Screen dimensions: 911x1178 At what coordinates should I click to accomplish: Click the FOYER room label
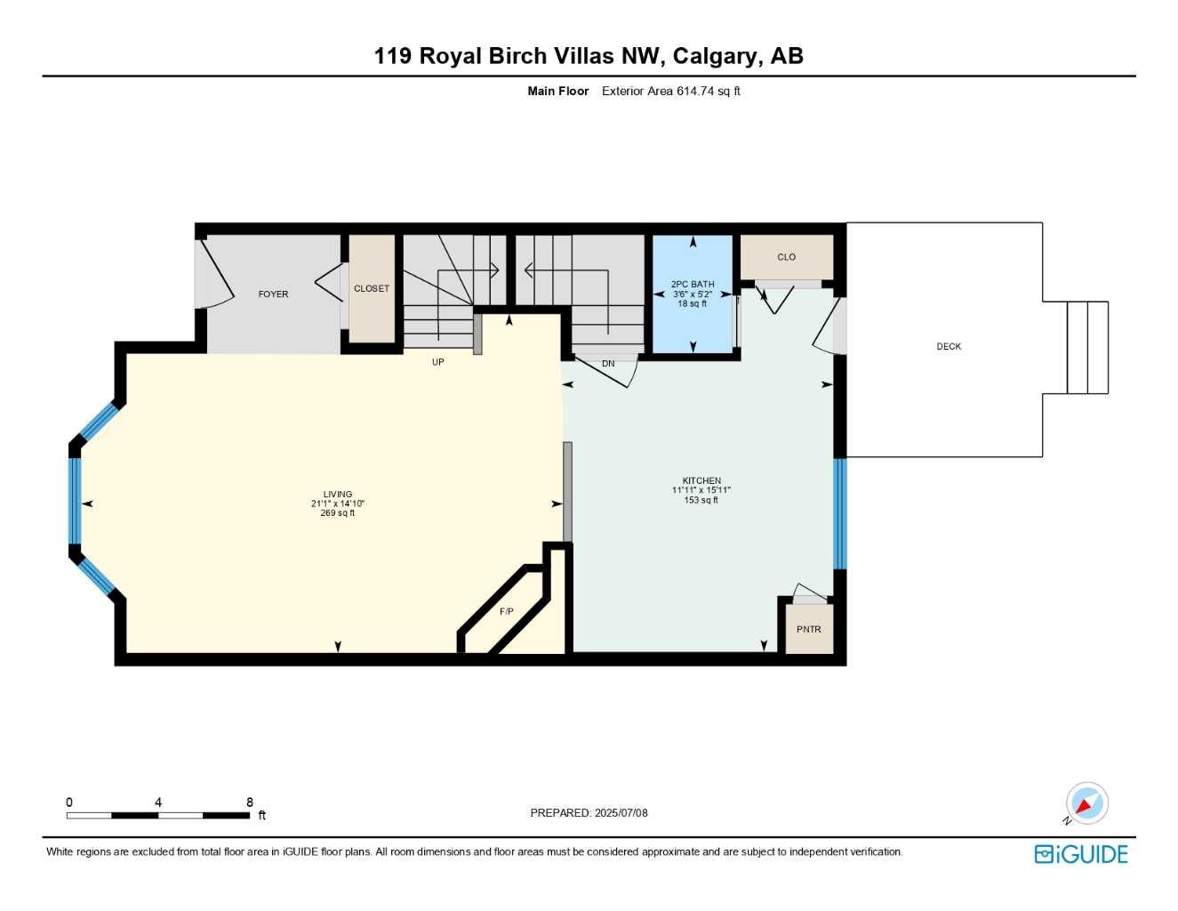click(x=273, y=294)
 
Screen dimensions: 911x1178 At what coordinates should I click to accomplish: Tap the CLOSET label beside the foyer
click(x=372, y=289)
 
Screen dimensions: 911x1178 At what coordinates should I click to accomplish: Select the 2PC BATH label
click(x=693, y=285)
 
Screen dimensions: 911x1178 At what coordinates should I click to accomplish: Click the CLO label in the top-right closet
click(x=787, y=257)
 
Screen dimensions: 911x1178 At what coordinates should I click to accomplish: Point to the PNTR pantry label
click(x=809, y=630)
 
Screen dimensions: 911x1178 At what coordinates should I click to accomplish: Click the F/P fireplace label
click(x=507, y=612)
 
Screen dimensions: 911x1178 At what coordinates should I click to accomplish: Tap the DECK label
click(x=949, y=347)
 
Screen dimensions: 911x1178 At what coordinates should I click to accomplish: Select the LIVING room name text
click(x=338, y=495)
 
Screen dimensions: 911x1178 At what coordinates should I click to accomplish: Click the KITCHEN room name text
click(x=701, y=481)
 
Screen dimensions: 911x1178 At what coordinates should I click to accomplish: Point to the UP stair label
click(x=438, y=363)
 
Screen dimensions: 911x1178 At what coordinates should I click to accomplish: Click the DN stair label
click(x=608, y=364)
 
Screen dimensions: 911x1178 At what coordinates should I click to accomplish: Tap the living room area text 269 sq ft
click(x=338, y=513)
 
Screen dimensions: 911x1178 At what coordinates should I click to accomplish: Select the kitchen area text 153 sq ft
click(x=701, y=500)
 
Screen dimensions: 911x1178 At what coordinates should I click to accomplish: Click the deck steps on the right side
click(x=1087, y=348)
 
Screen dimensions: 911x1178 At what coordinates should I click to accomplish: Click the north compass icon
click(x=1086, y=804)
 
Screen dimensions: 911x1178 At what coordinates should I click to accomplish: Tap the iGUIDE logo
click(x=1081, y=854)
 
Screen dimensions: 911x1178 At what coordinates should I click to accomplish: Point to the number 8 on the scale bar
click(x=250, y=802)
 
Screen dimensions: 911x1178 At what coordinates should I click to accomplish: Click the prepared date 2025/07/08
click(x=621, y=813)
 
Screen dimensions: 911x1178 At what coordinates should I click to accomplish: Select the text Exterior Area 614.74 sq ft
click(x=671, y=91)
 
